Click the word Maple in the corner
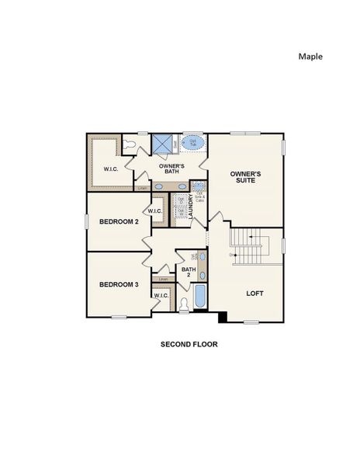pyautogui.click(x=310, y=56)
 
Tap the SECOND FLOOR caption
pyautogui.click(x=189, y=343)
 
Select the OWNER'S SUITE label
pyautogui.click(x=245, y=177)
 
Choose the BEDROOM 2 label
pyautogui.click(x=119, y=222)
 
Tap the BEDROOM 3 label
pyautogui.click(x=119, y=284)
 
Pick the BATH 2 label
pyautogui.click(x=189, y=273)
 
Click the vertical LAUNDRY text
pyautogui.click(x=191, y=206)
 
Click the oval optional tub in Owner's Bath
pyautogui.click(x=193, y=144)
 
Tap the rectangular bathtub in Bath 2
pyautogui.click(x=199, y=298)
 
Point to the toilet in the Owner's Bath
pyautogui.click(x=130, y=144)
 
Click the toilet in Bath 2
pyautogui.click(x=184, y=305)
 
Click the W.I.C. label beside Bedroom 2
pyautogui.click(x=154, y=210)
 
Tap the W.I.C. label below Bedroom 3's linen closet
pyautogui.click(x=161, y=296)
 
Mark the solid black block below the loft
pyautogui.click(x=223, y=317)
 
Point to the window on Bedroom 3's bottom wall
pyautogui.click(x=119, y=317)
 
